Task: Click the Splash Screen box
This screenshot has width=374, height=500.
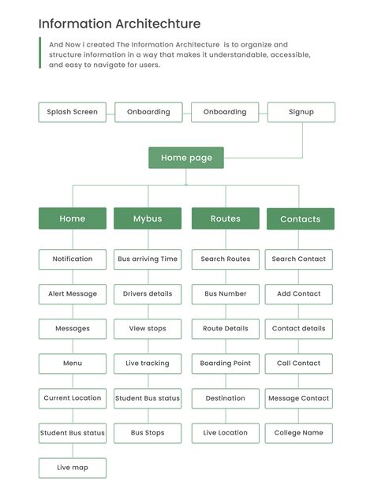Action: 73,112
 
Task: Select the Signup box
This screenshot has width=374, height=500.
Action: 301,112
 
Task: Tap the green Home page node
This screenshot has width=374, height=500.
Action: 186,158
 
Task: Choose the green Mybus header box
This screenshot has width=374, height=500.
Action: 148,218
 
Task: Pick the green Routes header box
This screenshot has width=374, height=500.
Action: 226,218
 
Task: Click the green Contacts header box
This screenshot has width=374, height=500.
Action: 301,219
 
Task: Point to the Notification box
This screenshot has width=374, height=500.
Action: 73,259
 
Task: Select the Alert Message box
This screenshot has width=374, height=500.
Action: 73,294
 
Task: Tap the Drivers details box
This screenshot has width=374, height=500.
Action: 148,294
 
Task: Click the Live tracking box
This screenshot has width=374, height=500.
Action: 148,364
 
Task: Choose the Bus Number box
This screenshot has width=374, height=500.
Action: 226,294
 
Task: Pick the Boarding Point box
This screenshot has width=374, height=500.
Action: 226,364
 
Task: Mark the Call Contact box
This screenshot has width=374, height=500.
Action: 299,364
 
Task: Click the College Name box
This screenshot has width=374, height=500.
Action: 299,433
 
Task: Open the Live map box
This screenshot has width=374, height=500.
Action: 73,468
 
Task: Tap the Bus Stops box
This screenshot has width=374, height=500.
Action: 148,433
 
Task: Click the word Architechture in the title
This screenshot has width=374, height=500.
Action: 158,24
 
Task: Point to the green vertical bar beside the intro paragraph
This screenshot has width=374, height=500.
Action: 40,53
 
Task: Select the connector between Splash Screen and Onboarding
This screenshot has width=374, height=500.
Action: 110,114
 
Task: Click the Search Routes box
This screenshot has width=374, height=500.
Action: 226,259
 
